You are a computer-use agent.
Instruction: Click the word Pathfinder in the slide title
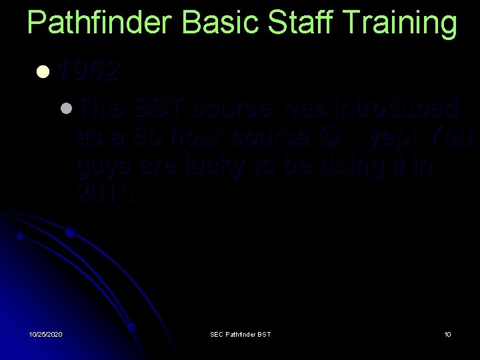[x=100, y=23]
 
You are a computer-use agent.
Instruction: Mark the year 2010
[x=105, y=194]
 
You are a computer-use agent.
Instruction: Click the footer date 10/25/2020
[x=45, y=334]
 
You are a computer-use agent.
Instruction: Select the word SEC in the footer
[x=217, y=334]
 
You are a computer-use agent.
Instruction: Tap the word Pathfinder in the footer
[x=241, y=334]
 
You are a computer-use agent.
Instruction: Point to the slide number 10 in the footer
[x=447, y=334]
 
